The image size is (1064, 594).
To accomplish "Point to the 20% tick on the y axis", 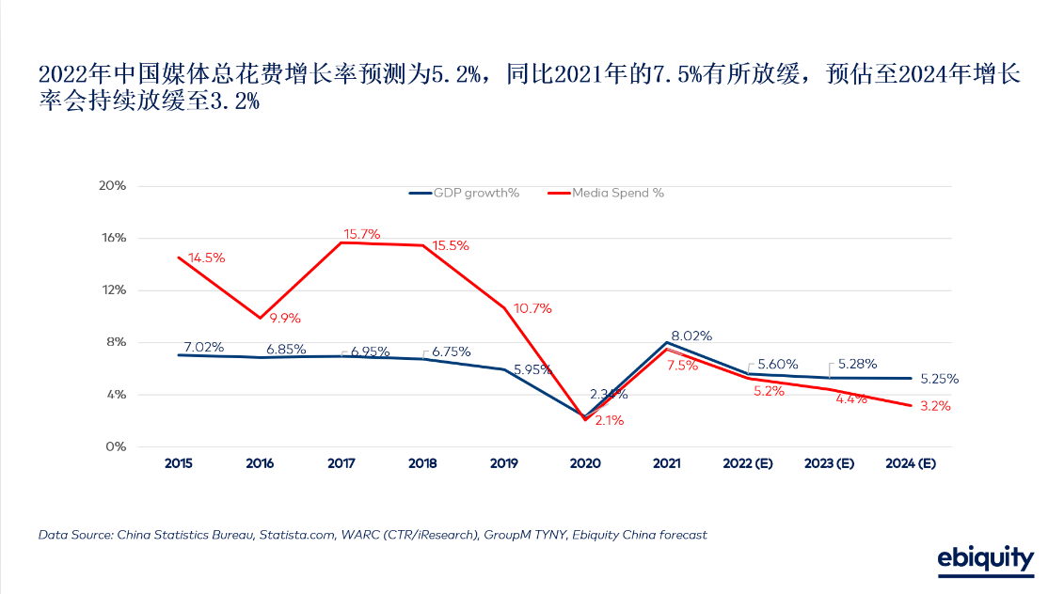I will point(113,185).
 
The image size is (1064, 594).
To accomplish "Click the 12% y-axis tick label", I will point(113,289).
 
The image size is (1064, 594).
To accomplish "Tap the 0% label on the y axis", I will point(117,446).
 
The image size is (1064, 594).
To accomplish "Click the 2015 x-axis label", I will point(179,463).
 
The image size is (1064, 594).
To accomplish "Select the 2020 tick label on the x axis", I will point(585,463).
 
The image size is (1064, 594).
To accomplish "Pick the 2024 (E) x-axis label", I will point(911,463).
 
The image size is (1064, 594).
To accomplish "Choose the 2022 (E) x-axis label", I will point(748,463).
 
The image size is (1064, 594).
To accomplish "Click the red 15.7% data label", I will point(361,234).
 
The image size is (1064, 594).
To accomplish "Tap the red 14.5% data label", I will point(206,258).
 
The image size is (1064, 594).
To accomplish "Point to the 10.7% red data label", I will point(532,308).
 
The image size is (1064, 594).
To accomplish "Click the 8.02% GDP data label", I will point(691,336).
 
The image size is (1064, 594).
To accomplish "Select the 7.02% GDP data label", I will point(204,348).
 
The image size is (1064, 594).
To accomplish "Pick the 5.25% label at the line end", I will point(939,379).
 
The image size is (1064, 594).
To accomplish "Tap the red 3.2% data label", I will point(935,407).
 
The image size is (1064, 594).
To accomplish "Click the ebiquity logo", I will point(985,559).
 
